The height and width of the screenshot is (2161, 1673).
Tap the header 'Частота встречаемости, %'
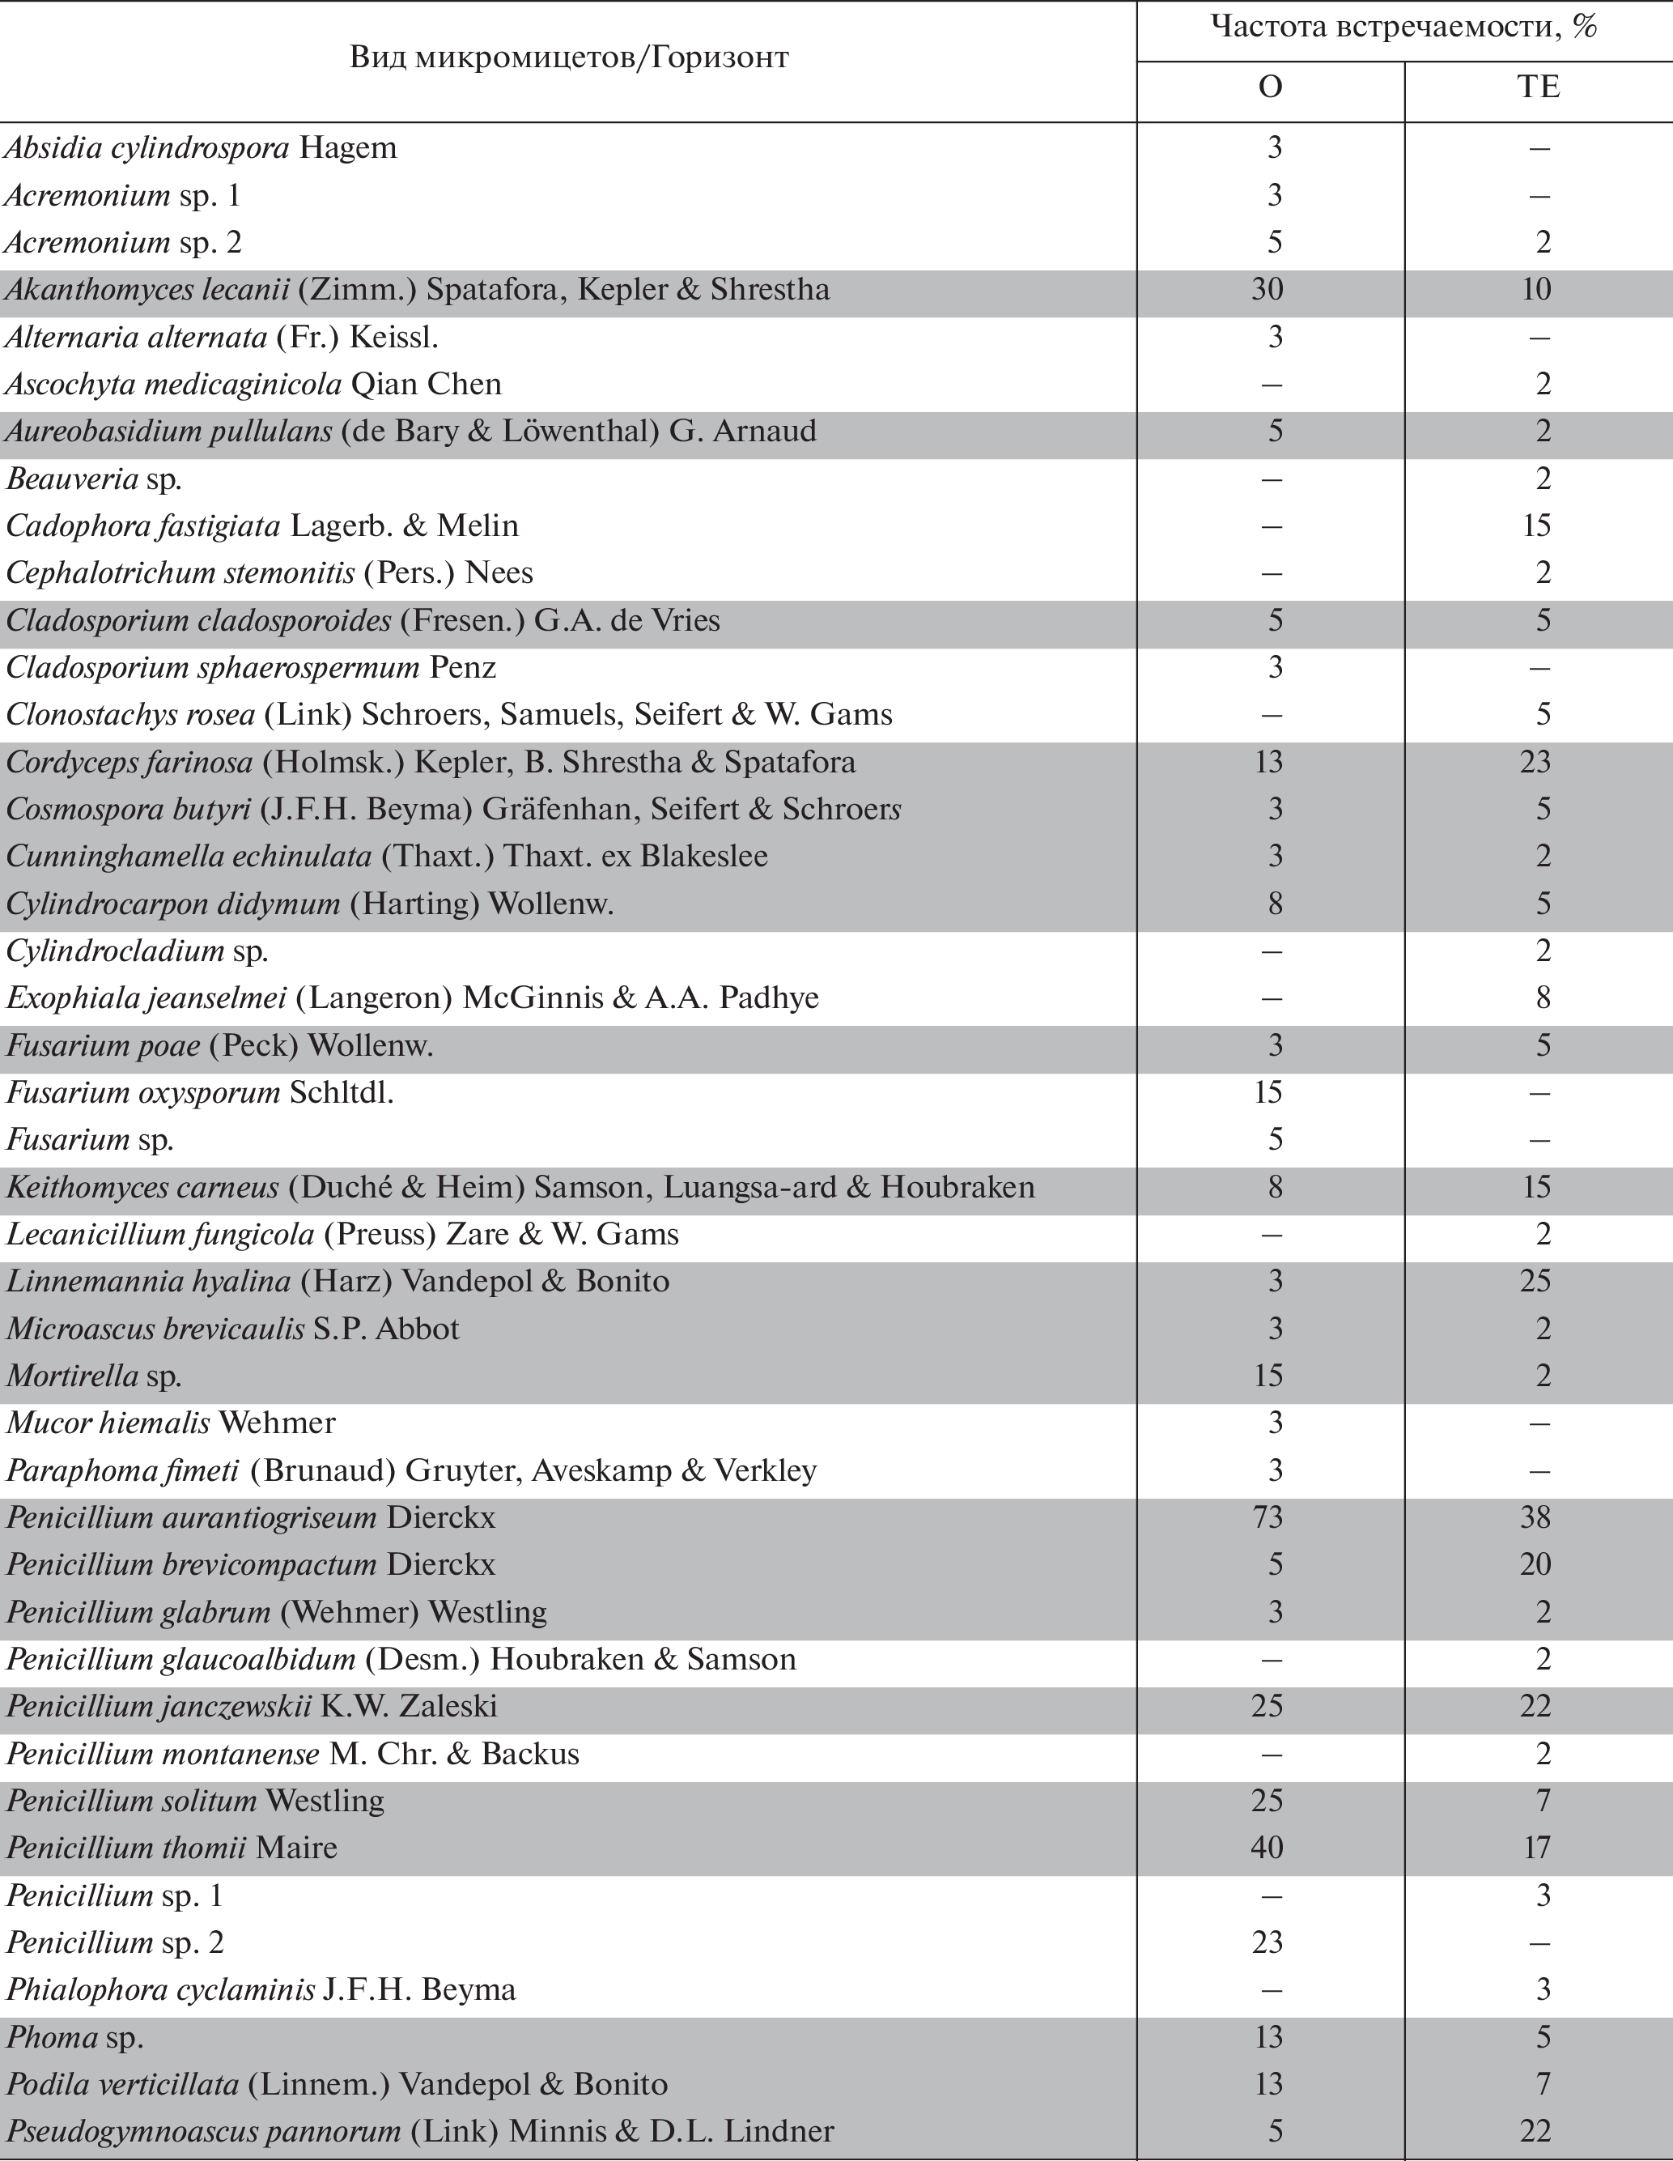click(x=1404, y=28)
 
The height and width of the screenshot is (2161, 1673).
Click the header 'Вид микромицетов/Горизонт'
click(x=569, y=57)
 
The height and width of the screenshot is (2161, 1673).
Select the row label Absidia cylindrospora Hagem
click(x=201, y=148)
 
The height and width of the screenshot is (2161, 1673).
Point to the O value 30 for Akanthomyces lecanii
click(x=1268, y=290)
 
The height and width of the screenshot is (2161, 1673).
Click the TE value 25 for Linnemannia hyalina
click(x=1536, y=1282)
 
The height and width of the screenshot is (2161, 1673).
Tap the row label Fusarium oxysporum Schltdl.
click(x=200, y=1092)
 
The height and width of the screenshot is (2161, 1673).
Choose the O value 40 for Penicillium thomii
click(x=1268, y=1848)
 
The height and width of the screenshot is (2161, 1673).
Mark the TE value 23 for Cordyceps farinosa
click(x=1536, y=762)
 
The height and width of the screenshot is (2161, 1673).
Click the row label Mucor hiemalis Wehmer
click(x=171, y=1423)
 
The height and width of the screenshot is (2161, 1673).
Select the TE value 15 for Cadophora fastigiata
click(x=1536, y=525)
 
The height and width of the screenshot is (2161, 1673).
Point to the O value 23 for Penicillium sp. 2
click(x=1268, y=1942)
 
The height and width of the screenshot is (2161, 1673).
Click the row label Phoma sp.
click(x=75, y=2037)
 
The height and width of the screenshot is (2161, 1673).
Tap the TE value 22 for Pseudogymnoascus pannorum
click(x=1536, y=2131)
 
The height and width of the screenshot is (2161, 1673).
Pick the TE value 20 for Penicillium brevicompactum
click(x=1536, y=1564)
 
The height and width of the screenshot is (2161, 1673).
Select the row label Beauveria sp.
click(x=94, y=479)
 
